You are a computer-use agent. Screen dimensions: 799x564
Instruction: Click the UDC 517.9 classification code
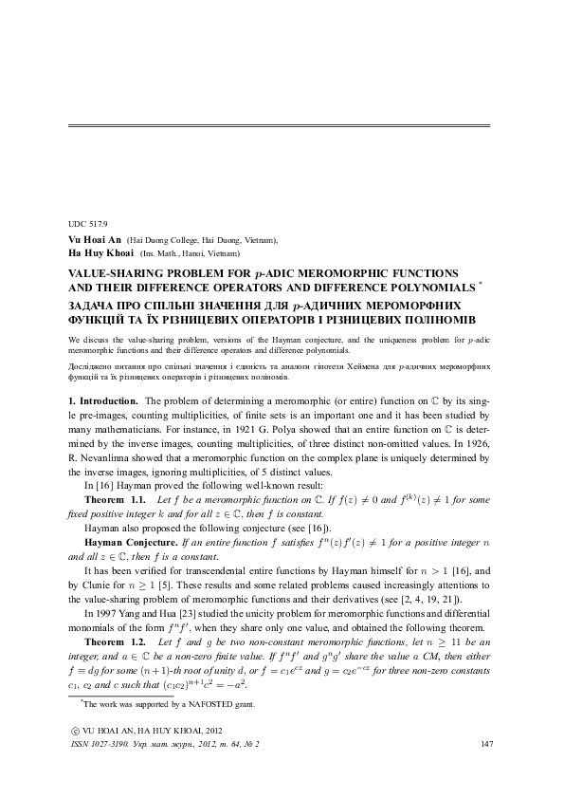[x=82, y=224]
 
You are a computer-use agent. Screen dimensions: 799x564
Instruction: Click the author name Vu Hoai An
[x=95, y=241]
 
